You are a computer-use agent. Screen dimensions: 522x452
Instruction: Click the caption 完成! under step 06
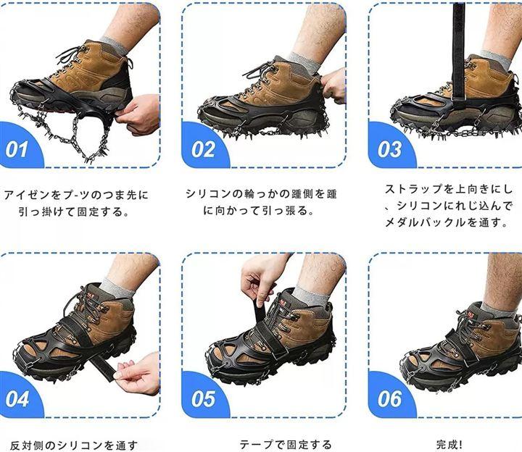coord(449,444)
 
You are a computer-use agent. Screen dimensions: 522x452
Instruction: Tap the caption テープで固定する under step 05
coord(286,445)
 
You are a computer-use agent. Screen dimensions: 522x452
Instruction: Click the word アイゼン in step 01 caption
coord(26,195)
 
